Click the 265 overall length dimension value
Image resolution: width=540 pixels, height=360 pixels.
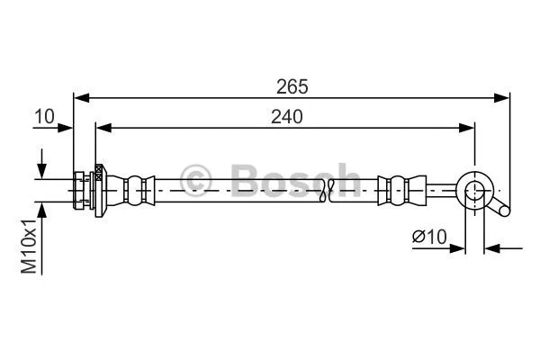[292, 86]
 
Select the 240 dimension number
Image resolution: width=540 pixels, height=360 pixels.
[285, 116]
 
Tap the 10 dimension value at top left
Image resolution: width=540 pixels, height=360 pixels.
[44, 116]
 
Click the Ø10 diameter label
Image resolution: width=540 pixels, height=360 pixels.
[429, 237]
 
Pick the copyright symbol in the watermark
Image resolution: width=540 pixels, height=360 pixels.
[196, 179]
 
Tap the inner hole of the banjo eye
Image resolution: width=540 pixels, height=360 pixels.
[474, 189]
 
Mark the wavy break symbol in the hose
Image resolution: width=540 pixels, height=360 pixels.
[329, 189]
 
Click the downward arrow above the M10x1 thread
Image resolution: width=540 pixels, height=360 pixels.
[41, 170]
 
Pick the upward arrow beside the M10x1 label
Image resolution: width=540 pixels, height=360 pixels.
[41, 209]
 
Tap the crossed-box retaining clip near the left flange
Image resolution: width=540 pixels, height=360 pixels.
[97, 178]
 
